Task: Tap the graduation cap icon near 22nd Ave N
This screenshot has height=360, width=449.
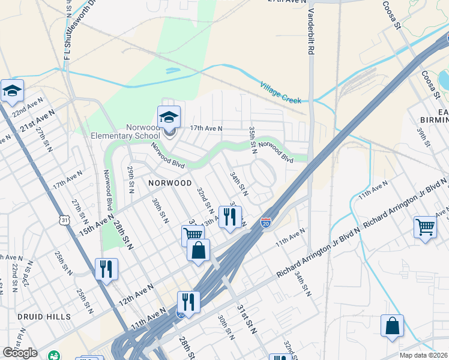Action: [12, 91]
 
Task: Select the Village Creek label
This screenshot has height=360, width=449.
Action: [280, 93]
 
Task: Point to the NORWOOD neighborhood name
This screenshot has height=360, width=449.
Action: [170, 182]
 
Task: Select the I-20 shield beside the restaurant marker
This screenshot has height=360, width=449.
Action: [265, 223]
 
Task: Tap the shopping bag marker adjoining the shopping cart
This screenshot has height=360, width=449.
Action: [198, 250]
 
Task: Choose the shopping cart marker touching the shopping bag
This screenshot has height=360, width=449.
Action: [191, 235]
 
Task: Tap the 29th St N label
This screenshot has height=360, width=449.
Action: [130, 180]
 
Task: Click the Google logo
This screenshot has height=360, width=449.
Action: [20, 352]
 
